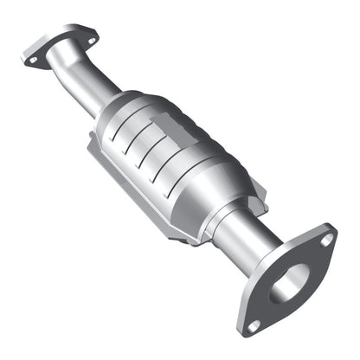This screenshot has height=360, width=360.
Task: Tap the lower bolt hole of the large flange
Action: tap(254, 325)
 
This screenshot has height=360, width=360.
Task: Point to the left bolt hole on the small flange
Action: tap(32, 61)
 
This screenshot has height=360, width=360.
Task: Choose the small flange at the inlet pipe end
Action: tap(59, 50)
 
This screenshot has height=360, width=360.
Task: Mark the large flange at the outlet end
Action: tap(290, 281)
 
